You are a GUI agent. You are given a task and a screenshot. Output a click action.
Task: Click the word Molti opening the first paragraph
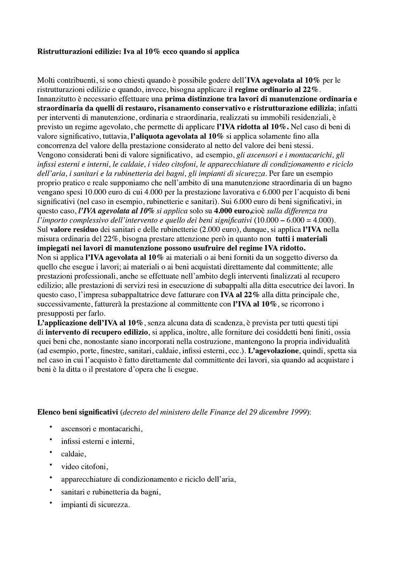(46, 80)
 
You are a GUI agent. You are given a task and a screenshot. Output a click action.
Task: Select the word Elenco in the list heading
(47, 412)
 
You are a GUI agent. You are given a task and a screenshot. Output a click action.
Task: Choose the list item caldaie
(73, 454)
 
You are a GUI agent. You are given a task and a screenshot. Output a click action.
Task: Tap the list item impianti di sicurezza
(95, 505)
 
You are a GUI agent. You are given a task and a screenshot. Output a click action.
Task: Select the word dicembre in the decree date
(273, 412)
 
